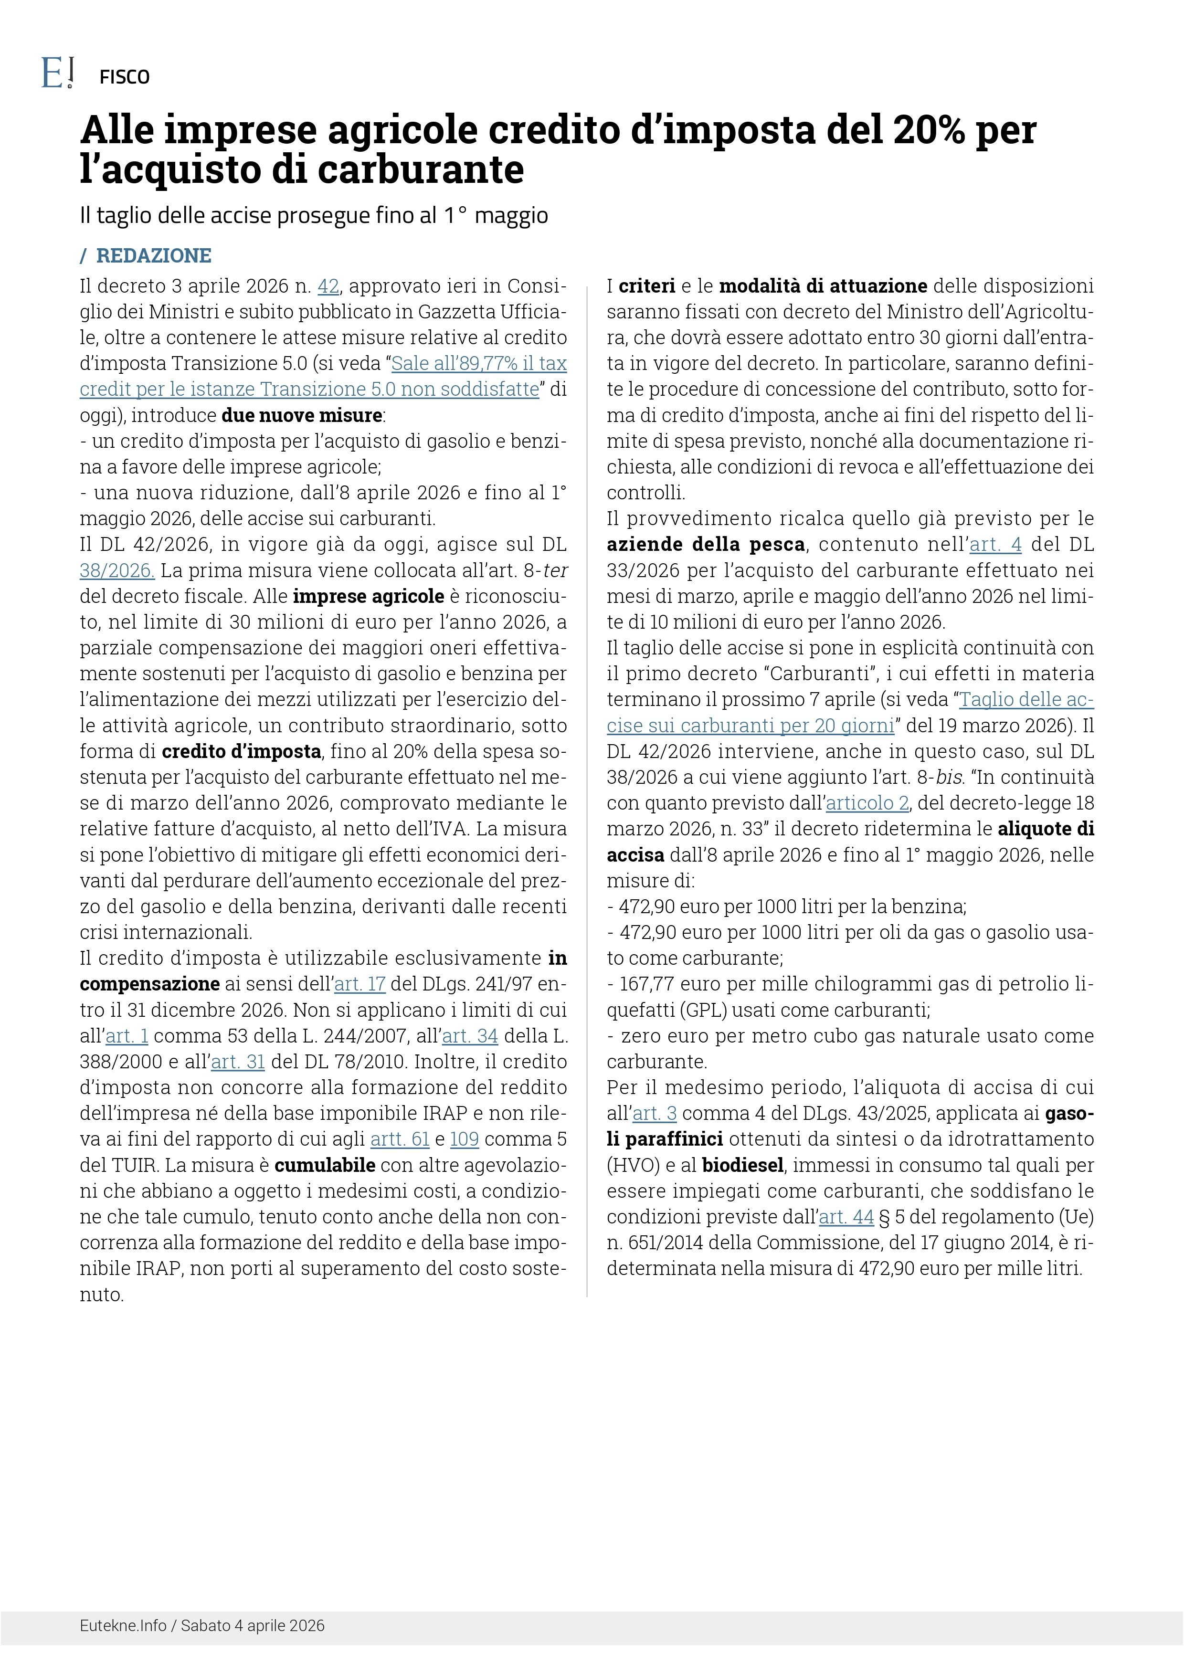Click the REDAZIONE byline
[153, 256]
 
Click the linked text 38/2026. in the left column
[116, 570]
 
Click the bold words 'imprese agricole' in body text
[369, 597]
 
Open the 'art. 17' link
[359, 985]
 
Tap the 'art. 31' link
[238, 1062]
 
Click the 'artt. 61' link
[400, 1139]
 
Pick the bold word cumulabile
[325, 1166]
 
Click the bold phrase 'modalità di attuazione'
[823, 286]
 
